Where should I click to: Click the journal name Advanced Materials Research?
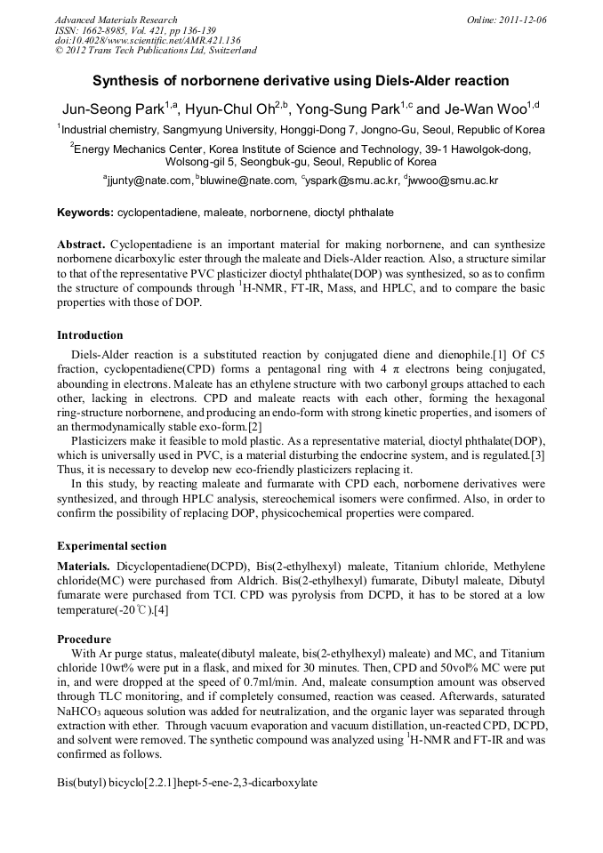(x=116, y=20)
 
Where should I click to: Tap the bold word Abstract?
(x=82, y=244)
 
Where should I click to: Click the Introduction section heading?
(x=90, y=335)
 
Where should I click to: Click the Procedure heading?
(x=84, y=639)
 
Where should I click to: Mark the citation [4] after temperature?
(x=161, y=609)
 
